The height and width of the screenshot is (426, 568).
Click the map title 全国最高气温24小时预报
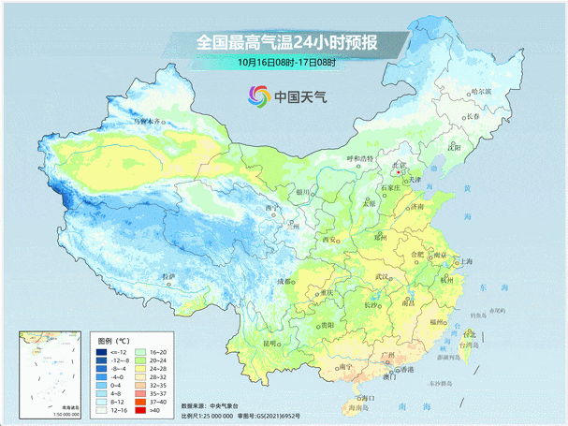tap(285, 43)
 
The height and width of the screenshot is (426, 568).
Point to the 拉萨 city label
tap(167, 277)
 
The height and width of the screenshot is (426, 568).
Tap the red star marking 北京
tap(398, 171)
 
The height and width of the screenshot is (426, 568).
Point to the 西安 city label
tap(328, 240)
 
